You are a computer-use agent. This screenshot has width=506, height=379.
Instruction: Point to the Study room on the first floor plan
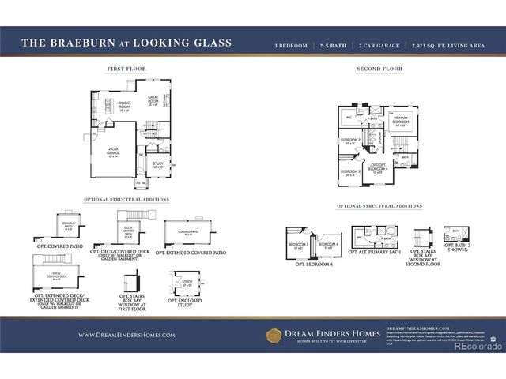click(x=158, y=165)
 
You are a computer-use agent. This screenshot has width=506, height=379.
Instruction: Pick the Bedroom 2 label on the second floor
click(x=350, y=141)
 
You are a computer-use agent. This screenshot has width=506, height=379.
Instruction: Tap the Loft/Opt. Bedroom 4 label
click(x=376, y=169)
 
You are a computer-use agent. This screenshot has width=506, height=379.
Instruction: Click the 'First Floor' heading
click(x=126, y=69)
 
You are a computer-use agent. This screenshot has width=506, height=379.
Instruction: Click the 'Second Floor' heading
click(x=379, y=69)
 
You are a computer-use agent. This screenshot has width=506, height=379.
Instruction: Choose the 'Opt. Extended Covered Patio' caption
click(x=191, y=253)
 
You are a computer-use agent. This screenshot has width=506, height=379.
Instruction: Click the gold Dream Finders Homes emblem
click(x=274, y=336)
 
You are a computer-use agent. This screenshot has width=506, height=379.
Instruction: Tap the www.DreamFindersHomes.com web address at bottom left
click(x=126, y=336)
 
